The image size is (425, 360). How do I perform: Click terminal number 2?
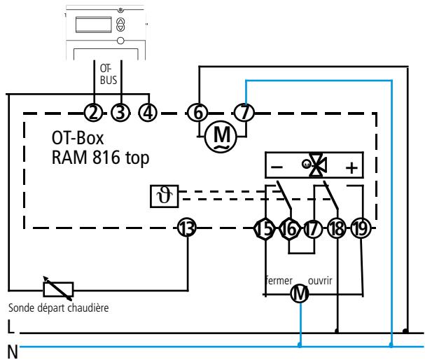[93, 113]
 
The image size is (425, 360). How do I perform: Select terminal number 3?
[120, 113]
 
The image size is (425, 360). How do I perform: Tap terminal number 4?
[148, 113]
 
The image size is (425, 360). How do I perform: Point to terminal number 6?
[198, 113]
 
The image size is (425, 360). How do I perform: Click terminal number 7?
[244, 113]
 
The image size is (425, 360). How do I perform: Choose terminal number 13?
[187, 228]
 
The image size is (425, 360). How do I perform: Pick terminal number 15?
[265, 229]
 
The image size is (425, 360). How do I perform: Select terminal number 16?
[289, 229]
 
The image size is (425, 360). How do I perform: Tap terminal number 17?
[313, 229]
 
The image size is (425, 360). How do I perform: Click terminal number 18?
[337, 229]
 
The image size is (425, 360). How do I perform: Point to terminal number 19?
[361, 229]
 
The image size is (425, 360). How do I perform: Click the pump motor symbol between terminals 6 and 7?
[221, 137]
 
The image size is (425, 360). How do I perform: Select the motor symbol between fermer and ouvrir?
[300, 293]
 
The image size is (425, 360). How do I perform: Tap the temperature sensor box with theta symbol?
[165, 196]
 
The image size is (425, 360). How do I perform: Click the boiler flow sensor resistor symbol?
[58, 289]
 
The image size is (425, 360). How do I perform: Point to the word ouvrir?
[320, 281]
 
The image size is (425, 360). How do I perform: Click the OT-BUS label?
[109, 74]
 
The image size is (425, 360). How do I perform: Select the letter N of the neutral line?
[13, 352]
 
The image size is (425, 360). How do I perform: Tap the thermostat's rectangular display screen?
[94, 25]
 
